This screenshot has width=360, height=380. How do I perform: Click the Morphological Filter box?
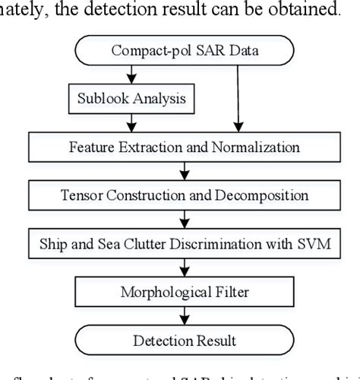(180, 291)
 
